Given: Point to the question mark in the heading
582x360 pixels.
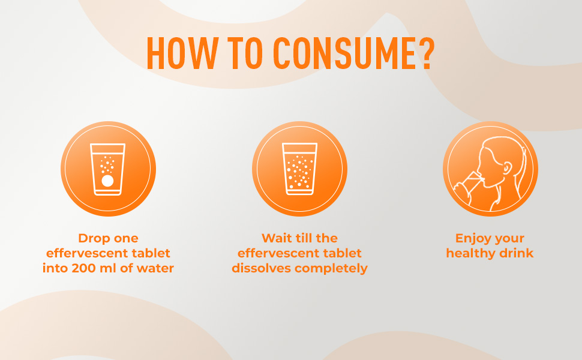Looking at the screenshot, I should coord(425,54).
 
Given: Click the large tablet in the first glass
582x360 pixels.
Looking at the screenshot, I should coord(108,181).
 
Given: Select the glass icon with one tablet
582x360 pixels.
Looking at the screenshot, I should coord(108,169).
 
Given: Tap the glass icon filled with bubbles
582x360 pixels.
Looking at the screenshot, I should coord(299,169).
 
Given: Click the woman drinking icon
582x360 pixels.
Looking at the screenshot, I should coord(490,169).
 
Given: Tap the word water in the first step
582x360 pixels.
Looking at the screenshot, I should coord(155,268).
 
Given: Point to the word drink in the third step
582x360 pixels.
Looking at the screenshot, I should coord(517,253).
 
